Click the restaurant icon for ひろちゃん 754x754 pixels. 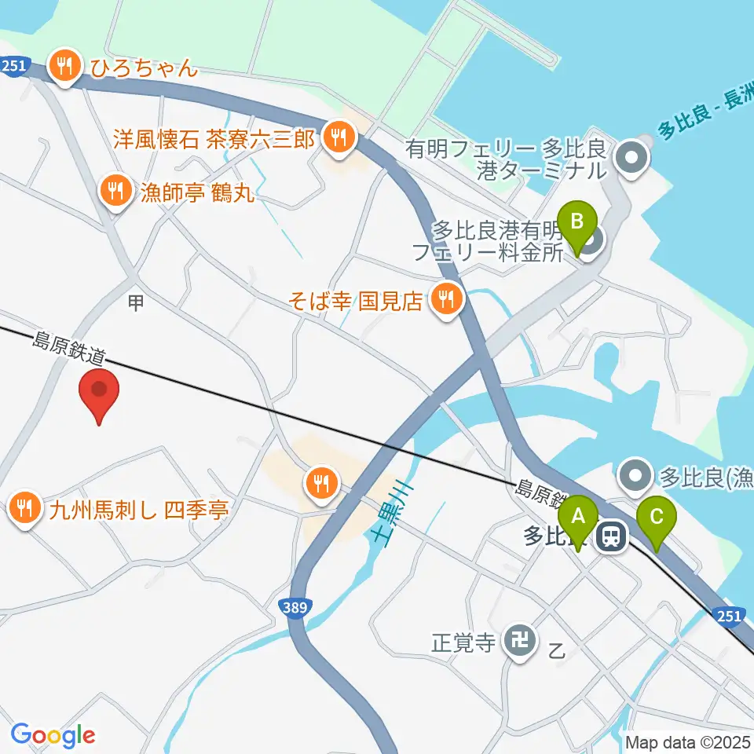click(x=64, y=67)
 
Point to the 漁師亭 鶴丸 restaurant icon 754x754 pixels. click(x=117, y=191)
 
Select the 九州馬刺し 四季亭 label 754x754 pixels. click(x=138, y=511)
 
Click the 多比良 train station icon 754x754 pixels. click(x=610, y=537)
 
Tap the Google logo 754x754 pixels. click(x=53, y=735)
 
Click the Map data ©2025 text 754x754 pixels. click(x=688, y=741)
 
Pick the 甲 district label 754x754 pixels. click(x=136, y=303)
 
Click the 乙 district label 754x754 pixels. click(x=556, y=650)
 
